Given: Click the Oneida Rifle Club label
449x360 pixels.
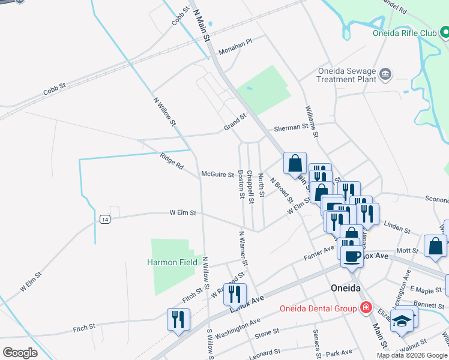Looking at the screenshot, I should pos(406,34).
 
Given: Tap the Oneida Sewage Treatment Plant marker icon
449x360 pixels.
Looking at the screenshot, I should pos(386,75).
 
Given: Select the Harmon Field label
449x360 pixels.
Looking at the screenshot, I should pos(172,262).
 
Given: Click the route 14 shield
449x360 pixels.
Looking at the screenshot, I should pos(105,220).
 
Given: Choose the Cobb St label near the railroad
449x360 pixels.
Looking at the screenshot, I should pos(54,91).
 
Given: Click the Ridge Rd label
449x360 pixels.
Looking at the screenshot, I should pos(172,159).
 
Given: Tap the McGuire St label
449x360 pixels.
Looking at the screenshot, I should pos(217,175).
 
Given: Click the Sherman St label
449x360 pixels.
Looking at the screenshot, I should pos(291,127).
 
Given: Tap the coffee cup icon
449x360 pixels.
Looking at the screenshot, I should pos(352,256).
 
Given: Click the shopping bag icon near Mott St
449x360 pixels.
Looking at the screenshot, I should pos(435,246).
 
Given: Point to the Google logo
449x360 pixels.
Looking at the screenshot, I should pos(20,353).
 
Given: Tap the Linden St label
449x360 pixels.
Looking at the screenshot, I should pos(397,228).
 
